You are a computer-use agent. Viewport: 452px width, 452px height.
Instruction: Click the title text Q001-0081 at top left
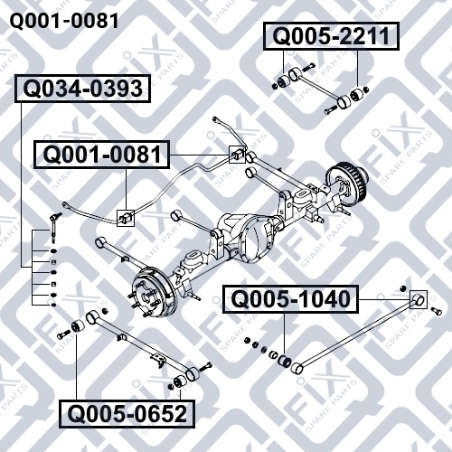coord(64,21)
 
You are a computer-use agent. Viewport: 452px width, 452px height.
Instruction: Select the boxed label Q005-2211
coord(332,36)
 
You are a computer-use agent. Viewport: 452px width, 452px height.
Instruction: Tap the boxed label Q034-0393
coord(83,89)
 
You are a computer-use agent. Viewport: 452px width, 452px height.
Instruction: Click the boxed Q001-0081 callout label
coord(102,155)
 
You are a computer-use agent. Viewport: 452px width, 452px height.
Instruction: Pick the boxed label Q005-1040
coord(290,299)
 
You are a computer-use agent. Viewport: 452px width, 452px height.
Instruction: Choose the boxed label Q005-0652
coord(127,414)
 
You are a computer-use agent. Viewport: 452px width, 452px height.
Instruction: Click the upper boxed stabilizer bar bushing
coord(237,155)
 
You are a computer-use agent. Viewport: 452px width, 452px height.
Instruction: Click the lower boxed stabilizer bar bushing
coord(126,218)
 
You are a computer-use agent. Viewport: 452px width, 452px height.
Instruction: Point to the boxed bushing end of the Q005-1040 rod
coord(419,299)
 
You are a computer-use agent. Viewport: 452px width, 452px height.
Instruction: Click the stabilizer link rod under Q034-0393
coord(53,228)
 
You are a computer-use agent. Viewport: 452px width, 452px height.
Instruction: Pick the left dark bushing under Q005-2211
coord(284,80)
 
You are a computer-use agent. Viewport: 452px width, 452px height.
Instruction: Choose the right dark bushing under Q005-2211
coord(356,95)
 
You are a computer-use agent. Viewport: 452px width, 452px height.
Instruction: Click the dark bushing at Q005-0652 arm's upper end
coord(78,326)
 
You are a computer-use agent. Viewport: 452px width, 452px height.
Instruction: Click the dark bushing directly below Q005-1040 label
coord(285,361)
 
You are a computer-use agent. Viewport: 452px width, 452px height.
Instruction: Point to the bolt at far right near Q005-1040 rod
coord(436,311)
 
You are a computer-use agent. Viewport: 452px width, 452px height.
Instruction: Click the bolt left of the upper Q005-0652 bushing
coord(63,334)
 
